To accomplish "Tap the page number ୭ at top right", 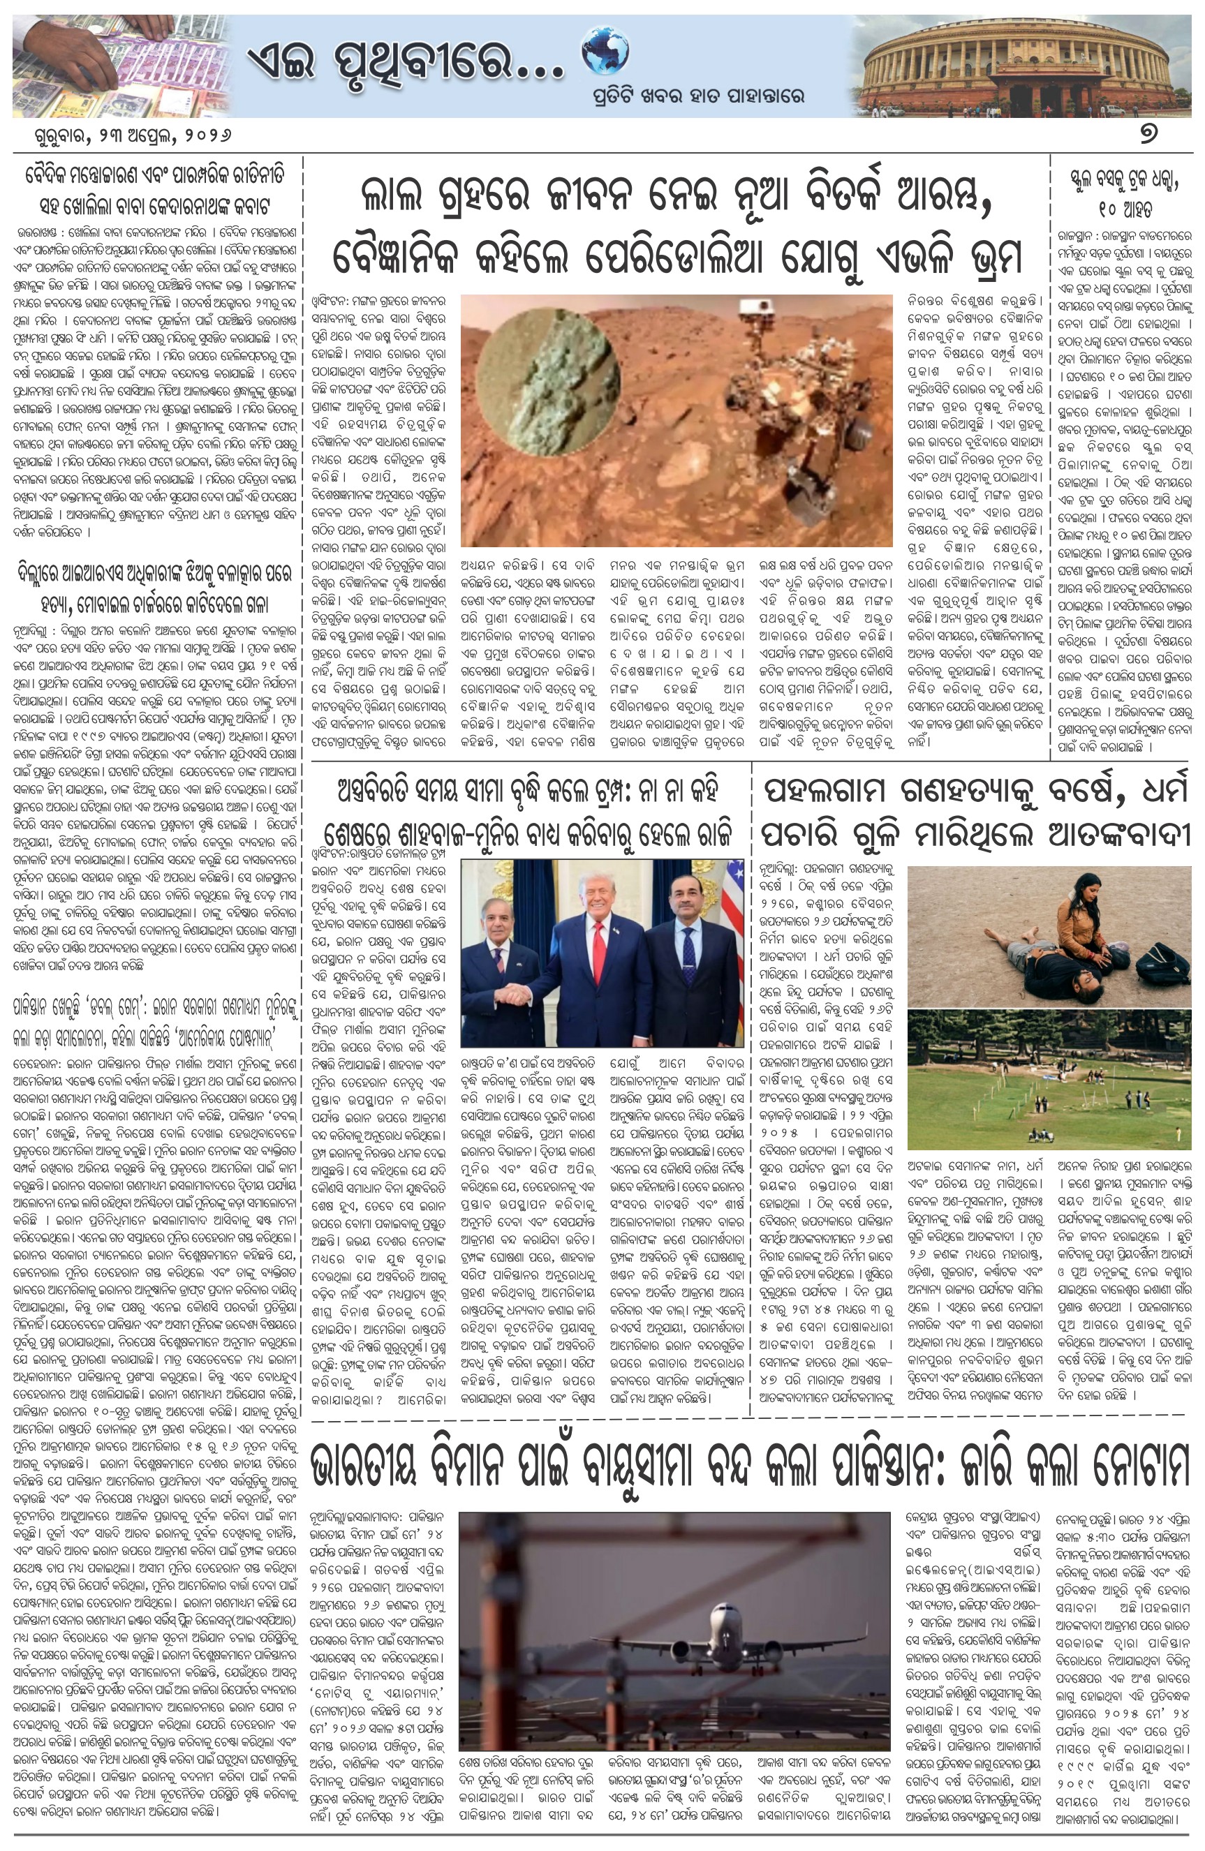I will (1148, 135).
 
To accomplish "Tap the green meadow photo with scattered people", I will (1049, 1080).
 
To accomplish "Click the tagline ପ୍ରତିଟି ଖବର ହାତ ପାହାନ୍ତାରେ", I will (695, 97).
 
